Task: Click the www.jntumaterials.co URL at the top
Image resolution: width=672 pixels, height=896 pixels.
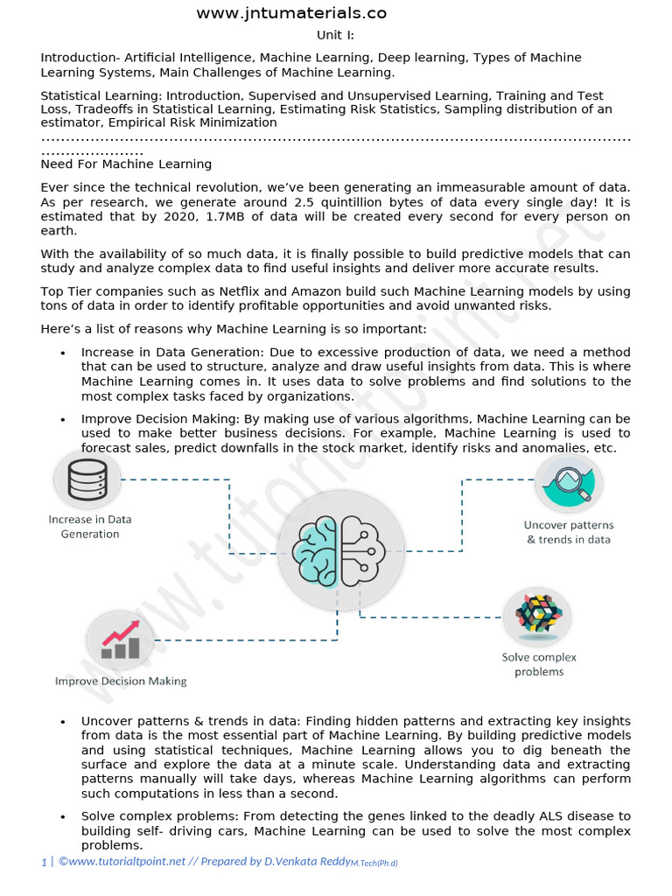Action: (x=290, y=13)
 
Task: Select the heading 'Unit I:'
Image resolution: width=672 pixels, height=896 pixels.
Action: (x=335, y=35)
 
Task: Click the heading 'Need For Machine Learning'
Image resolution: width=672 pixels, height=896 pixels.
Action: (x=126, y=164)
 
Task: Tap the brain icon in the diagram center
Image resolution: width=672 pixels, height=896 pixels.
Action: (x=340, y=551)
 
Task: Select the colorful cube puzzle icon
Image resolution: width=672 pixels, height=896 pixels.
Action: (x=537, y=613)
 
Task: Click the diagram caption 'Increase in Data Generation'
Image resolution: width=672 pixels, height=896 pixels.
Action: (x=90, y=527)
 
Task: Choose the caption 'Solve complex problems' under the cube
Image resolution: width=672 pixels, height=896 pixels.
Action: (x=539, y=664)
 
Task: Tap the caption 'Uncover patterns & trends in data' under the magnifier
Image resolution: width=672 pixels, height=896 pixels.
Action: (x=569, y=532)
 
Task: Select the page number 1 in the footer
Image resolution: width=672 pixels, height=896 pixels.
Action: (x=43, y=862)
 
